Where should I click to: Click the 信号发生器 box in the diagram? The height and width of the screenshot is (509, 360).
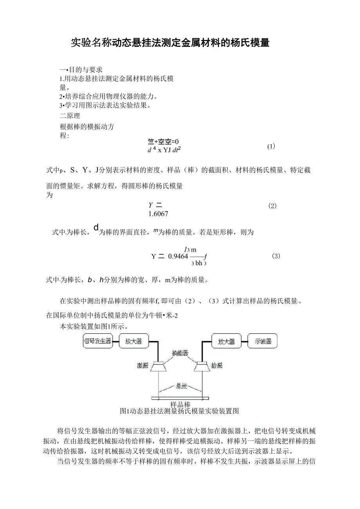(98, 341)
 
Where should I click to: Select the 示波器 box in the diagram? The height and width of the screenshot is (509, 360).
(263, 341)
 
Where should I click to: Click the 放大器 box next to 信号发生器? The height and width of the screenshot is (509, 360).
(134, 341)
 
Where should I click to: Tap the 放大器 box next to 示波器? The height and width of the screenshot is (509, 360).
(227, 341)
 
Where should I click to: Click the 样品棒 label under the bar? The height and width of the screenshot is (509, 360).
(180, 404)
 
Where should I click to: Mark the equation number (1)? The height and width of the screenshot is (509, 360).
(271, 146)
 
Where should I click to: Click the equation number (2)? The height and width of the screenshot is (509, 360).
(272, 206)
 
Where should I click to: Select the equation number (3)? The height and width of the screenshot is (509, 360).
(275, 256)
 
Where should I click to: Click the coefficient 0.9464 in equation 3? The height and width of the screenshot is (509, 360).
(178, 257)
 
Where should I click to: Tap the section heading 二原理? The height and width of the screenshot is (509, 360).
(70, 116)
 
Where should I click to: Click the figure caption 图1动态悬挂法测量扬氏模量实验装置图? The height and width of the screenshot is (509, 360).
(180, 411)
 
